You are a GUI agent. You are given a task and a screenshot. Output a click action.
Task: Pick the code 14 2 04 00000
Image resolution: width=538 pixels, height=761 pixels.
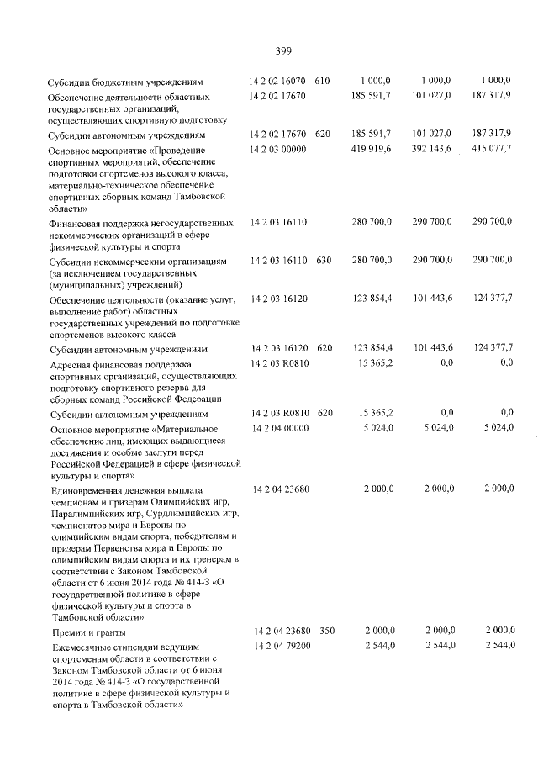[280, 427]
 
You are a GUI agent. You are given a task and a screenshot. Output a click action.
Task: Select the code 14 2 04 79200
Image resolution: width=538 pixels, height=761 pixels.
[280, 645]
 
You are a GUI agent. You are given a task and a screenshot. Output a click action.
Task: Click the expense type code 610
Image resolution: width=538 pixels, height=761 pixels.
[323, 81]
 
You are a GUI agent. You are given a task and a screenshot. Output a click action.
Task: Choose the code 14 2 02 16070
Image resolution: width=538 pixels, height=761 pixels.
[280, 81]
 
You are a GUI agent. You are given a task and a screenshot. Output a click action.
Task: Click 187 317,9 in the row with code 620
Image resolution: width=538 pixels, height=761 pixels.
[492, 134]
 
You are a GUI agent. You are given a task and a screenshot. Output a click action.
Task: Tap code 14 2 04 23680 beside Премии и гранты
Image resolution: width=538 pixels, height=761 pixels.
[280, 631]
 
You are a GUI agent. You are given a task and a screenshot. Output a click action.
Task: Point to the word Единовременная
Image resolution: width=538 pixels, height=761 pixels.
[90, 489]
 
